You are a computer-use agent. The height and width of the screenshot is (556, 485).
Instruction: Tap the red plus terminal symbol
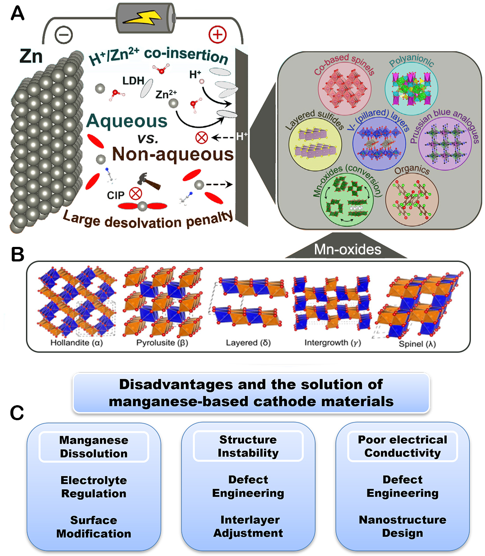pos(217,34)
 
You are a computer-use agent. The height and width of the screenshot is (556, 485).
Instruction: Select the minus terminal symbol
pos(64,35)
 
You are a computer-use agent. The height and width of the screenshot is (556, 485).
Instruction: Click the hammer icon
pos(149,180)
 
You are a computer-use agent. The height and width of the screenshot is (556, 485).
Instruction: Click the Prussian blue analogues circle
pos(444,144)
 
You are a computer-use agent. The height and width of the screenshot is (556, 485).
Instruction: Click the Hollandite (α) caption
pos(77,343)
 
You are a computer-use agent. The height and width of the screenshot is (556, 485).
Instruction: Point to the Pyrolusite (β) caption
pos(162,343)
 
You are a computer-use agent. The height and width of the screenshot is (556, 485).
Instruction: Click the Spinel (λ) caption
pos(417,343)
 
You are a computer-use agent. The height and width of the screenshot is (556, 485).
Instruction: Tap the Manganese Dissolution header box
pos(94,447)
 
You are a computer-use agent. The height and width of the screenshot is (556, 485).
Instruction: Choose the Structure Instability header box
pos(248,446)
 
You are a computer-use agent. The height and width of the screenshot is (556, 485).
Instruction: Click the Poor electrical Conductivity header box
pos(402,446)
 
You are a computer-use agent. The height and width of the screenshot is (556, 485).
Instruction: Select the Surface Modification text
pos(94,527)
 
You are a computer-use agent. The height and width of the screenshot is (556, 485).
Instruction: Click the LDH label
pos(133,81)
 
